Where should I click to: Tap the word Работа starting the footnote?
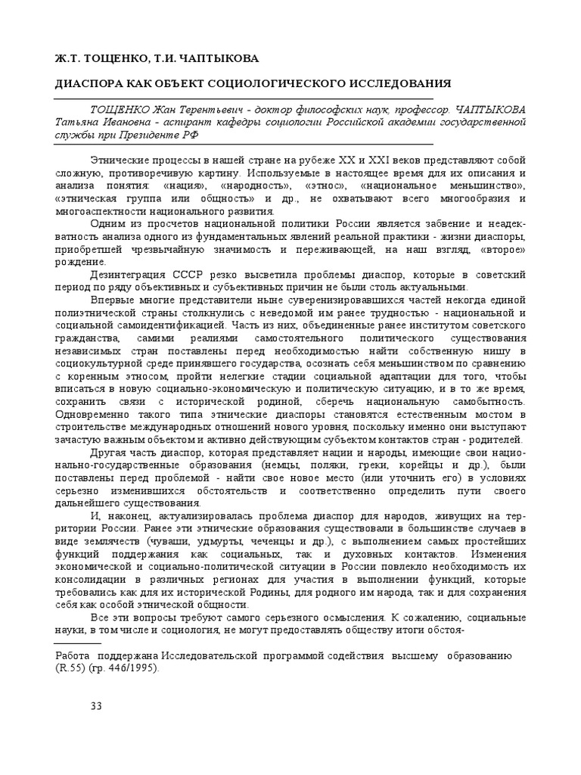pyautogui.click(x=79, y=655)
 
